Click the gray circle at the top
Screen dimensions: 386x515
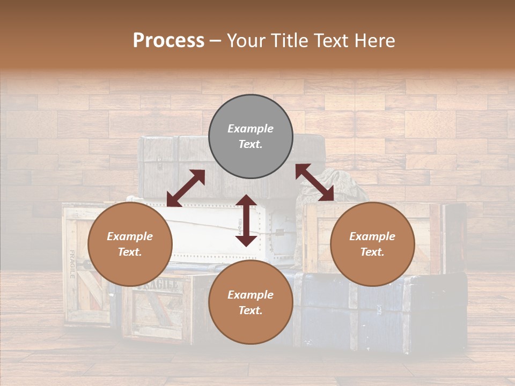click(251, 137)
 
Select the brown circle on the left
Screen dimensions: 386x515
click(130, 244)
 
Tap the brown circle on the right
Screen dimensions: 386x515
click(372, 244)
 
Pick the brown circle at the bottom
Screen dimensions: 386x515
click(251, 303)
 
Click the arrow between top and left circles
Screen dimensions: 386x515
click(186, 188)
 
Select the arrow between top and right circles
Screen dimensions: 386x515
click(315, 182)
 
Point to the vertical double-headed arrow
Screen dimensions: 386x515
click(246, 220)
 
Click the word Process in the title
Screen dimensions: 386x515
click(168, 41)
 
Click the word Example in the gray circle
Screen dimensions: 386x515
click(251, 129)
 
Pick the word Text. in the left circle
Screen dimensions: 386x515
click(130, 253)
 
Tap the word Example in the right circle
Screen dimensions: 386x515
click(372, 236)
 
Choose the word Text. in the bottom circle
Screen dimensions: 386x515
click(251, 311)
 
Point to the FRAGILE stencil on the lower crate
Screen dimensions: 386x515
click(157, 285)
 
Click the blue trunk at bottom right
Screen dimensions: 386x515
click(376, 311)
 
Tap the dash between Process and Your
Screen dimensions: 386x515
click(215, 41)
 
